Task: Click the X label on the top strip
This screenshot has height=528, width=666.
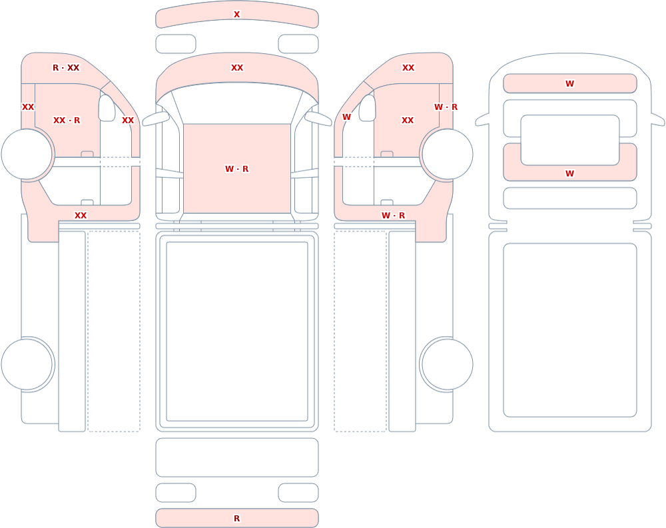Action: [236, 15]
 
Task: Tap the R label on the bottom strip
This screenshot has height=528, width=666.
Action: [236, 518]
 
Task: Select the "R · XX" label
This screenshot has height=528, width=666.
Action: [66, 67]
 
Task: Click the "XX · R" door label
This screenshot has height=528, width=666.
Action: [66, 121]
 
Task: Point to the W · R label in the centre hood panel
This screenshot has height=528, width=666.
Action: [236, 168]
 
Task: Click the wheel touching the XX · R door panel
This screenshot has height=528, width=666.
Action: [27, 154]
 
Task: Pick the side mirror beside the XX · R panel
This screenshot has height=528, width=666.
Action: [107, 108]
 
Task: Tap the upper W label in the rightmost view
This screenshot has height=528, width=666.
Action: [569, 84]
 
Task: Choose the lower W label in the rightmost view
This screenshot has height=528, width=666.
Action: [569, 173]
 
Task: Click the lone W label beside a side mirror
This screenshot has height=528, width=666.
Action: [346, 117]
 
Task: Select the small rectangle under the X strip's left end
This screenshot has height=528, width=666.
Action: [176, 44]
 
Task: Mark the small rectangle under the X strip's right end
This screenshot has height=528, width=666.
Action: [298, 44]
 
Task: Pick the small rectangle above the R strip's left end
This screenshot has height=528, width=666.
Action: [176, 493]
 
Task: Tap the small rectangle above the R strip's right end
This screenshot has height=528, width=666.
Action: [298, 493]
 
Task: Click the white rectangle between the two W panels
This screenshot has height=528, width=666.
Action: [570, 140]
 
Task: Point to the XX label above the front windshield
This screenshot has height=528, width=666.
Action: [237, 67]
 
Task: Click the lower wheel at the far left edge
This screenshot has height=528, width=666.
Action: [27, 364]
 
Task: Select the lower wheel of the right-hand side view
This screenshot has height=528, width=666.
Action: [447, 364]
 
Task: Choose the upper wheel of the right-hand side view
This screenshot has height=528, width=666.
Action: [447, 154]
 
